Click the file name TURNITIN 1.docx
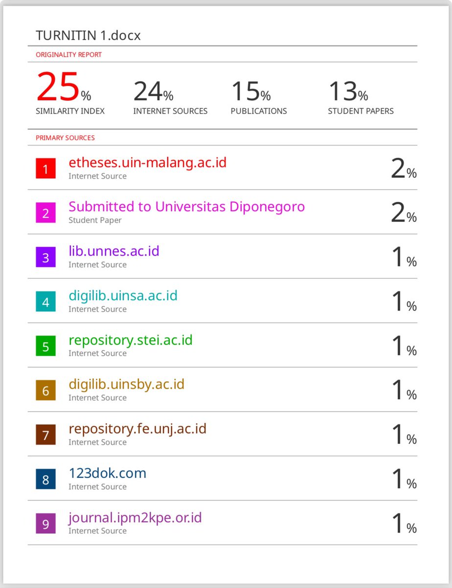88,35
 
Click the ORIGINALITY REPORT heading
68,55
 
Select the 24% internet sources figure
154,91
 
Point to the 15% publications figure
251,91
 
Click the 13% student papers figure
348,91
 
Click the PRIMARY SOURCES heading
65,138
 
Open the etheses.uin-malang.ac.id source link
147,163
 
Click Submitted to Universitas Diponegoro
186,207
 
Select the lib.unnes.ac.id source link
114,251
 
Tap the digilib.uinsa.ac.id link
123,295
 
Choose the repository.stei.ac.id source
131,340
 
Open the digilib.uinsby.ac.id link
127,385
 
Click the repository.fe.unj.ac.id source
138,429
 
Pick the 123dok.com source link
108,473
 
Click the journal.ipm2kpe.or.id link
135,518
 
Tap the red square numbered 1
45,168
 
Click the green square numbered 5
45,346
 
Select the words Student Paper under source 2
95,220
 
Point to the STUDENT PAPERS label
361,111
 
